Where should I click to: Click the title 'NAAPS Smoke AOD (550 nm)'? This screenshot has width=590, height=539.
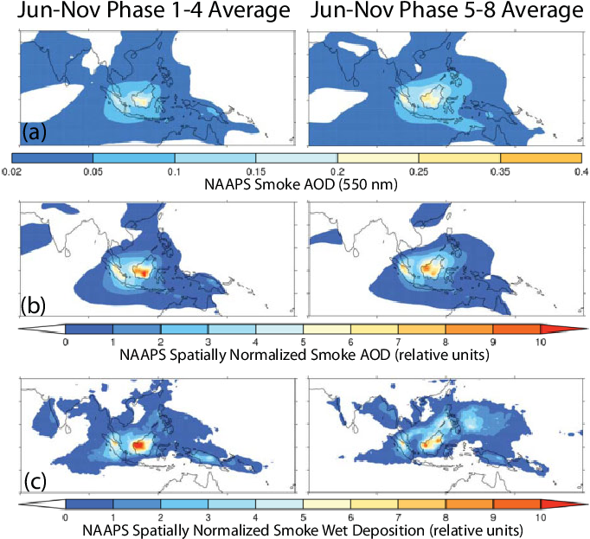295,185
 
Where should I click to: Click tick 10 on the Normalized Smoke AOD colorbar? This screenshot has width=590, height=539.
540,343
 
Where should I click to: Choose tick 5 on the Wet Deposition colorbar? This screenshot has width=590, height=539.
303,517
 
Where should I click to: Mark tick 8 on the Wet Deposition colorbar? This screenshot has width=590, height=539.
445,517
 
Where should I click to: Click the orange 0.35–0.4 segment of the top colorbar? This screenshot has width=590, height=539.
540,158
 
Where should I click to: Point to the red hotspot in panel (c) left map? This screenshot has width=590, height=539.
137,444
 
